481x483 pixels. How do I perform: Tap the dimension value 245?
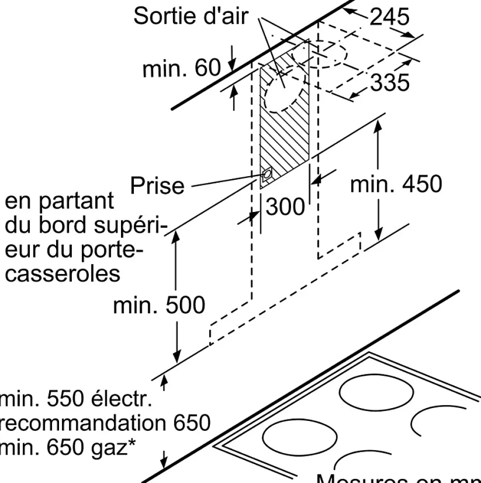[x=390, y=17]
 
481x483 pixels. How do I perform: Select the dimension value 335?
[x=390, y=82]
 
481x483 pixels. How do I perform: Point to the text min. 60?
[x=181, y=69]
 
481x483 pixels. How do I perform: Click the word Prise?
[x=157, y=186]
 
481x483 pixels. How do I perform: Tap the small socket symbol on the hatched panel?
[x=267, y=174]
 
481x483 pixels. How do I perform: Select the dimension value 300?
[x=285, y=207]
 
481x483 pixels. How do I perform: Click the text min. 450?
[x=395, y=184]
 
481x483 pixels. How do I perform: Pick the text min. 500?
[x=159, y=305]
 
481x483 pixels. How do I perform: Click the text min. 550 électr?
[x=74, y=399]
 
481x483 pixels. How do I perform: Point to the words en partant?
[x=59, y=202]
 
